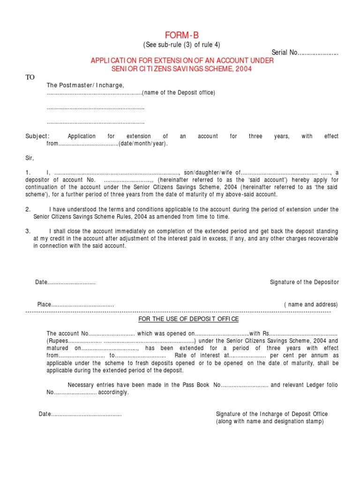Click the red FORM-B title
coord(181,36)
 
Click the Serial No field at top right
coord(305,52)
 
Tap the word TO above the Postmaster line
coord(30,77)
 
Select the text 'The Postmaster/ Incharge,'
coord(85,85)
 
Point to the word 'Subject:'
coord(37,136)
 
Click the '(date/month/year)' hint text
coord(143,144)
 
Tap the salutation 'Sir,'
coord(30,158)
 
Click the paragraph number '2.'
coord(28,210)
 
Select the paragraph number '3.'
coord(28,231)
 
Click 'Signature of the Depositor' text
coord(304,282)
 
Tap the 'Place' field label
coord(44,305)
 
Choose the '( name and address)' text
coord(311,305)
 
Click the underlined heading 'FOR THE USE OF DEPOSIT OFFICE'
coord(188,319)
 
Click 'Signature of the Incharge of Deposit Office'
coord(272,414)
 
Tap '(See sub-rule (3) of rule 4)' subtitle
coord(181,45)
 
